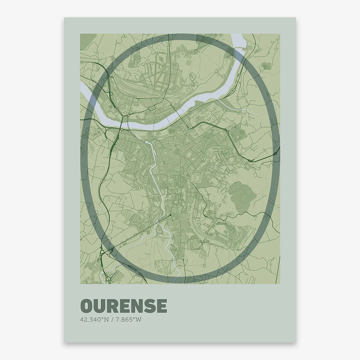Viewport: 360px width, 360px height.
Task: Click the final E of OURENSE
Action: pyautogui.click(x=161, y=306)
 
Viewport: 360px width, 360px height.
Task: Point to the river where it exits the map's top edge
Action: pyautogui.click(x=237, y=37)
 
